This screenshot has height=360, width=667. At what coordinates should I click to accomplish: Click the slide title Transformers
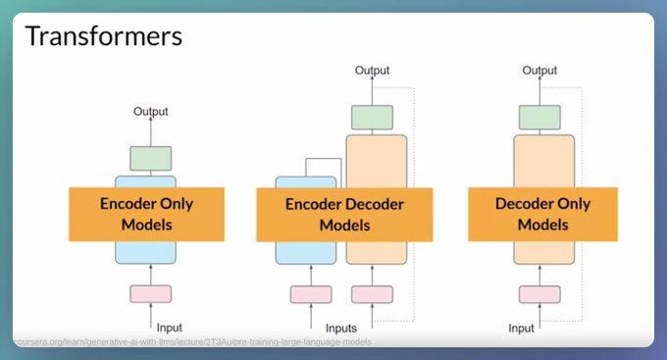(103, 37)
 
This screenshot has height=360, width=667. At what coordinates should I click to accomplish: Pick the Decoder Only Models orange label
(542, 214)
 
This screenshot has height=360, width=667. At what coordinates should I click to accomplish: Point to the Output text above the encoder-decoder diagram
(372, 70)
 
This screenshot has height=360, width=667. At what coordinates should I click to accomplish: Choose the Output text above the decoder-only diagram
(539, 70)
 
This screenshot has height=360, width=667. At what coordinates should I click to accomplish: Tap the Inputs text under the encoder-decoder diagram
(341, 327)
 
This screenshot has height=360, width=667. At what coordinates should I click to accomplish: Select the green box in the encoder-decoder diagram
(372, 118)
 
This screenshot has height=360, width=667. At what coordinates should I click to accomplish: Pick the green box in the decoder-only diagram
(539, 118)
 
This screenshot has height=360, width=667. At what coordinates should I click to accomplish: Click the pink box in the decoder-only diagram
(539, 293)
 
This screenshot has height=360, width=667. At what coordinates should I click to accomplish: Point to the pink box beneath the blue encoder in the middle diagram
(311, 293)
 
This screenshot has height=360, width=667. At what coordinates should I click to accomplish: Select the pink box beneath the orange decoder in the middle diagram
(372, 293)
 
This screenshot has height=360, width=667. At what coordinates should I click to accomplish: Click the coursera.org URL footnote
(192, 341)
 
